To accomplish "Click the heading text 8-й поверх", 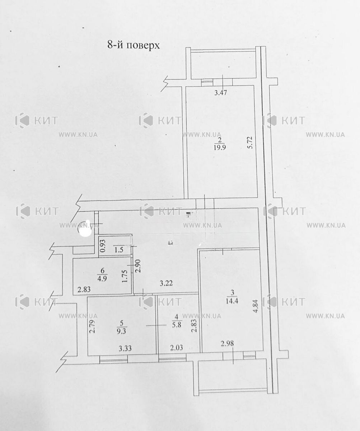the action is tap(134, 45).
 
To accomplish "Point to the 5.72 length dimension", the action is tap(251, 142).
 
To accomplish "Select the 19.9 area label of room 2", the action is tap(220, 148).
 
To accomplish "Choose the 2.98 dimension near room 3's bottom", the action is tap(227, 343).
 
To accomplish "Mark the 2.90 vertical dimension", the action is tap(138, 266).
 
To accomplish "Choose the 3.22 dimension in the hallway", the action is tap(166, 283).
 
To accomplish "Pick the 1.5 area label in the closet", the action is tap(119, 250).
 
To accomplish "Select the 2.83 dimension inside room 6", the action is tap(84, 289).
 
